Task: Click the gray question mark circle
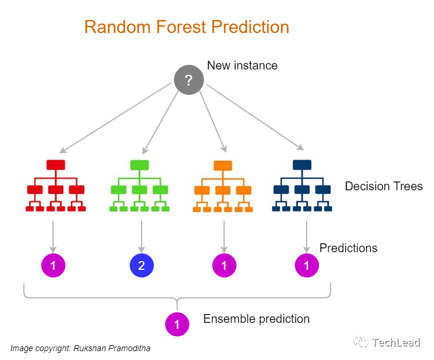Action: point(189,80)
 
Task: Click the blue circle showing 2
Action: point(142,266)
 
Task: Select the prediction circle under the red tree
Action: point(53,266)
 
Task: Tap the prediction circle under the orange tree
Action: point(224,266)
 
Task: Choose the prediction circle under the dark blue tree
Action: point(307,266)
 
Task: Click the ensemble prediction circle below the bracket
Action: point(177,323)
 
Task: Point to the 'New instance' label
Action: point(242,65)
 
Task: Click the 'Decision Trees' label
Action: point(383,186)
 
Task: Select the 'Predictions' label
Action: point(348,248)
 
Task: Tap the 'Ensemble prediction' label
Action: point(256,319)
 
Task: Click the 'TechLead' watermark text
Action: point(396,342)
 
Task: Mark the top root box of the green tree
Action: point(140,165)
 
